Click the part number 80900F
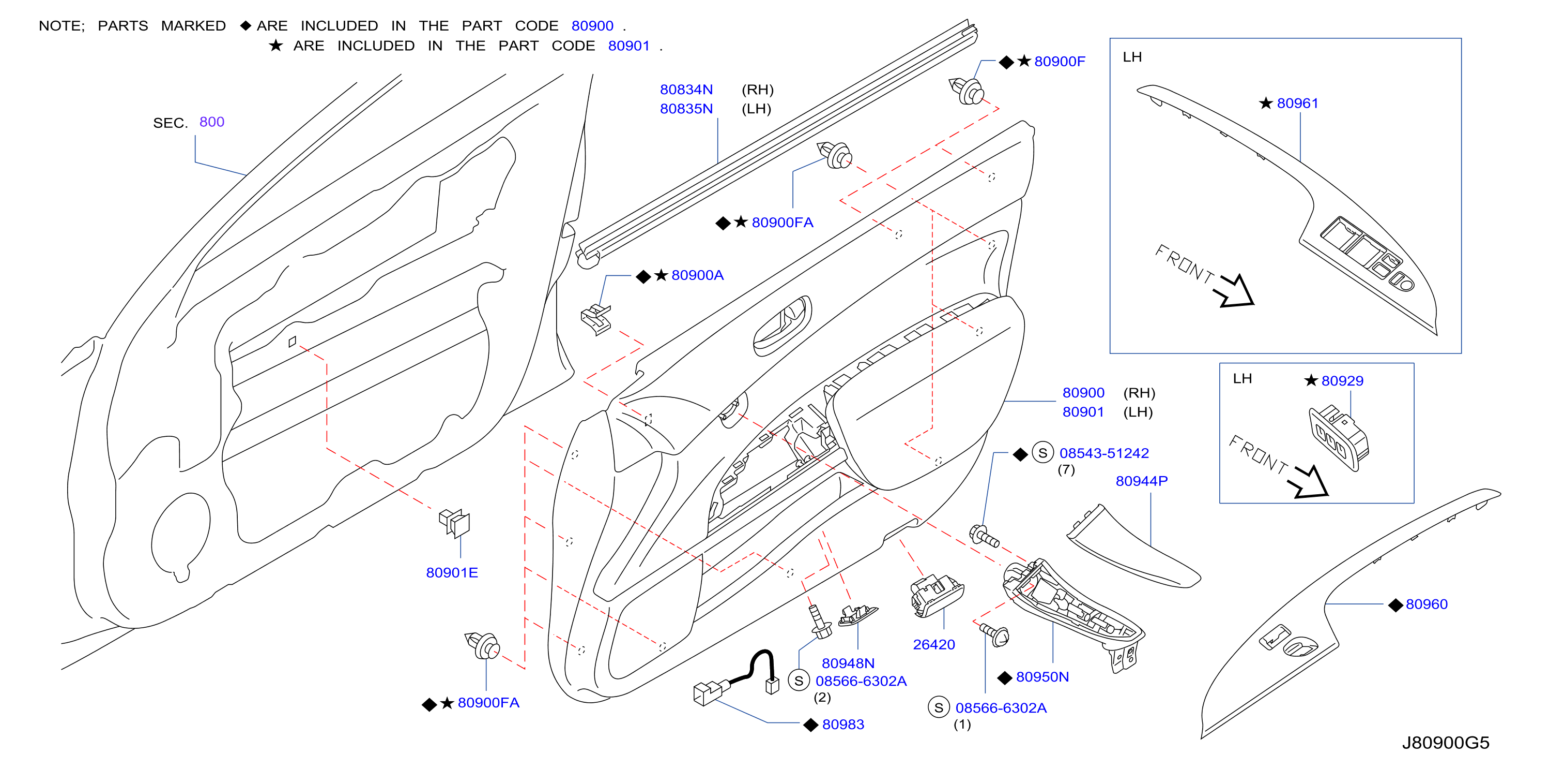(1060, 62)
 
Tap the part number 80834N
(686, 90)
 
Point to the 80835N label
(686, 109)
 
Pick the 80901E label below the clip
(452, 572)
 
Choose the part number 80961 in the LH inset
(1298, 104)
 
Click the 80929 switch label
(1342, 381)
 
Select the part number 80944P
(1142, 481)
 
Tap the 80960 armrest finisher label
(1427, 604)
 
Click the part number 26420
(934, 645)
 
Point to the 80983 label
(843, 725)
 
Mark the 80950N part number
(1042, 677)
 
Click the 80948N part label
(848, 663)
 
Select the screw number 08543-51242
(1104, 453)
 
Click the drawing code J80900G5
(1446, 743)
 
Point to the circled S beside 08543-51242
(1042, 453)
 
